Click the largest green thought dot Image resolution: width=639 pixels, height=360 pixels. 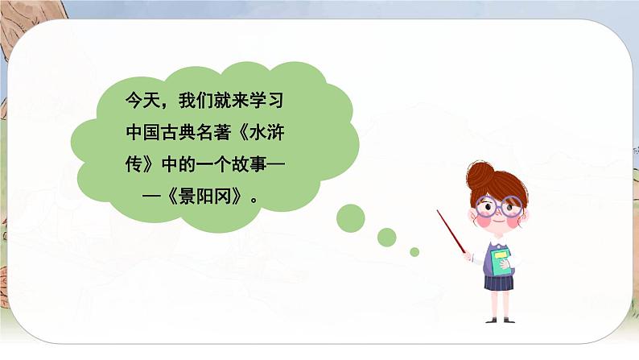pos(350,217)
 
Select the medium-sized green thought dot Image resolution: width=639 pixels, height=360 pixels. pos(387,237)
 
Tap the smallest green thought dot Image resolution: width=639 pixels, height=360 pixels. pos(414,252)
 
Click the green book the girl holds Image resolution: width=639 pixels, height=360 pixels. pos(502,259)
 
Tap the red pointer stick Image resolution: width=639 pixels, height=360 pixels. pos(451,233)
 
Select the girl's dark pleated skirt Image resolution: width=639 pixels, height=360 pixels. pos(497,283)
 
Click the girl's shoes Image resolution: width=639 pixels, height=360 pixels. pos(500,319)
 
